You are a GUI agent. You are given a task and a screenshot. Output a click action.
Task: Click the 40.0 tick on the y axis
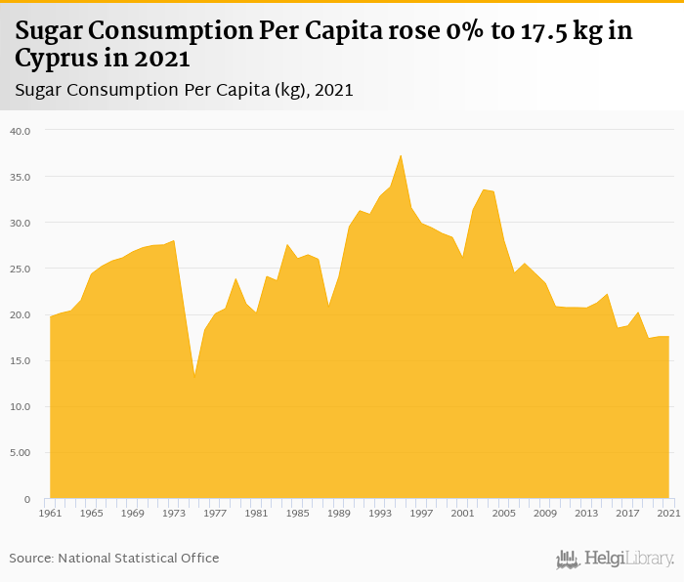click(x=21, y=131)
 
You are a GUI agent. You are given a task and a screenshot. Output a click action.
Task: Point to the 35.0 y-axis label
click(x=21, y=177)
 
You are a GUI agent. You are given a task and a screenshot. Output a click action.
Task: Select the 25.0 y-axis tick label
click(x=21, y=269)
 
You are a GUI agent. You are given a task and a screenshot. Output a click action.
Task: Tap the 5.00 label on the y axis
click(x=21, y=453)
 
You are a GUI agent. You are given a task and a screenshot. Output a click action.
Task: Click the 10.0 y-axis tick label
click(x=21, y=407)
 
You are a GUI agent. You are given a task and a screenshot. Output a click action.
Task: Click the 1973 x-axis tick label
click(x=174, y=513)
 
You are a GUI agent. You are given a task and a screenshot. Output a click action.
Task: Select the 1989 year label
click(x=338, y=513)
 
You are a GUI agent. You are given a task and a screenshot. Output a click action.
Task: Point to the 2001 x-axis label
click(x=462, y=513)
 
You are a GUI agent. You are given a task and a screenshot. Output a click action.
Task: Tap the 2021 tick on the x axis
click(x=668, y=513)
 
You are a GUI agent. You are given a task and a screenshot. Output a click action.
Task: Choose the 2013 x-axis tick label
click(x=586, y=513)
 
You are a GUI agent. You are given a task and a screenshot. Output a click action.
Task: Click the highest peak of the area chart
click(x=401, y=155)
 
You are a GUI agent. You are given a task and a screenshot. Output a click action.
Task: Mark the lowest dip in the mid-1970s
click(x=194, y=374)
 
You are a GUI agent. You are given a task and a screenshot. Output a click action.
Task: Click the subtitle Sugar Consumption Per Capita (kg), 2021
click(x=185, y=90)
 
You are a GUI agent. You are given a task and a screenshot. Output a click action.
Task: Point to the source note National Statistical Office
click(x=114, y=558)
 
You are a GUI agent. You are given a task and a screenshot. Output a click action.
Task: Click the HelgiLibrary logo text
click(x=629, y=559)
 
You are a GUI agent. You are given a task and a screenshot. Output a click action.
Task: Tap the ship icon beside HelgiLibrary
click(x=568, y=559)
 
